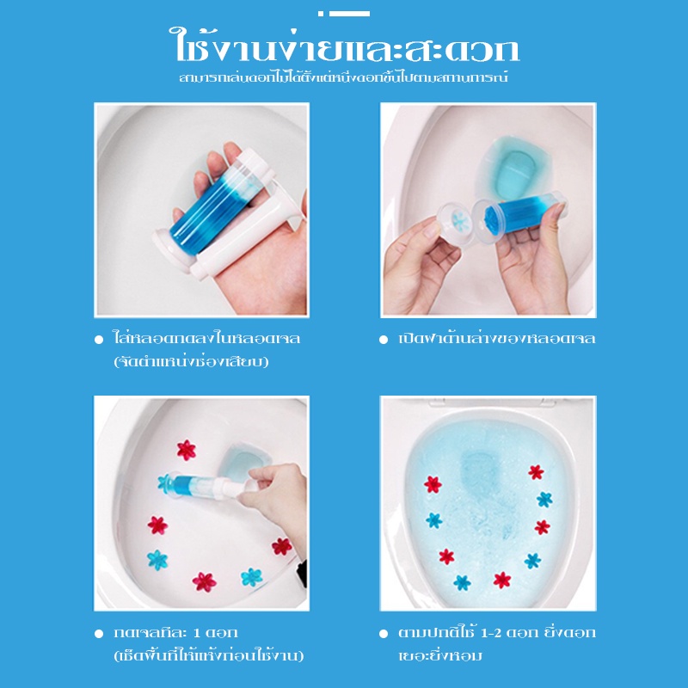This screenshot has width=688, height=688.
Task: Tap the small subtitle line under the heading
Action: coord(343,77)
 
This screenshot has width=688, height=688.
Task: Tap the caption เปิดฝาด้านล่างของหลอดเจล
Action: coord(497,338)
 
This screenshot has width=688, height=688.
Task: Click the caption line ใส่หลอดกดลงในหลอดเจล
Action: coord(206,338)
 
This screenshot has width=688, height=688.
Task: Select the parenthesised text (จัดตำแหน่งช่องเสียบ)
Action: coord(191,361)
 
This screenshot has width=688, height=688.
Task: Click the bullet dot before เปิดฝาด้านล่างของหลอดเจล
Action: coord(384,339)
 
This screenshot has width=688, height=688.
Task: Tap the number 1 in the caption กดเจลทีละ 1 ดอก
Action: coord(197,633)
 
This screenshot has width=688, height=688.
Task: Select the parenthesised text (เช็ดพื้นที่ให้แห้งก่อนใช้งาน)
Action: coord(208,655)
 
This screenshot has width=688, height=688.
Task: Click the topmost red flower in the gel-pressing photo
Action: coord(187,450)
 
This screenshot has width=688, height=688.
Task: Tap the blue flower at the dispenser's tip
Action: coord(166,483)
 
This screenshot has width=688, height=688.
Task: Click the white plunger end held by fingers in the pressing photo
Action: coord(246,486)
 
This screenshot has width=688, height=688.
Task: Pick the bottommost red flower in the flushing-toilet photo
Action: coord(502,580)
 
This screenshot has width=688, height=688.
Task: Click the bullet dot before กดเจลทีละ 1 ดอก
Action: coord(99,633)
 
